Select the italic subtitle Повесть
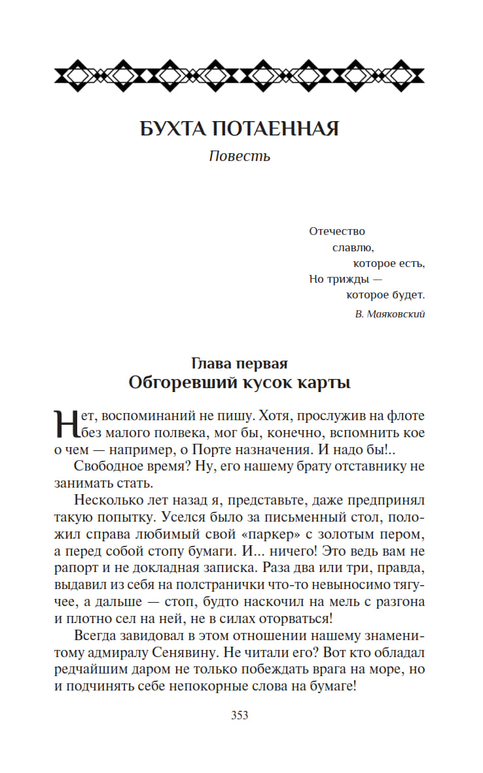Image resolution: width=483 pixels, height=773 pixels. (x=240, y=156)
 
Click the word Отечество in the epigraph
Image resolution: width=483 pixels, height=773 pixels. (x=336, y=231)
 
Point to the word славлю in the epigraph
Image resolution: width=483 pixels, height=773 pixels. (x=353, y=247)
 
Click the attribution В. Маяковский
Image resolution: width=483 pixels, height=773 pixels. (x=391, y=314)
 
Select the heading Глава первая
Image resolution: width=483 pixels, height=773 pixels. (x=240, y=363)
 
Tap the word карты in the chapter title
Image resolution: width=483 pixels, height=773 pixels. (x=325, y=382)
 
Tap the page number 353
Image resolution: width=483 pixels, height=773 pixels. (x=240, y=715)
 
